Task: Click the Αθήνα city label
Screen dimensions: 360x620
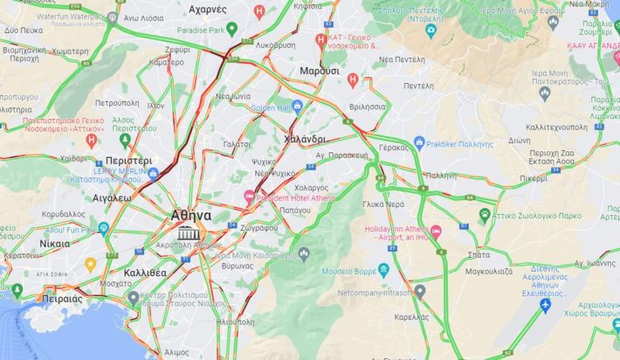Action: (190, 215)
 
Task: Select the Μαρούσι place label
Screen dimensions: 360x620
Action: (319, 70)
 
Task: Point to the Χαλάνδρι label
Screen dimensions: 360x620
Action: (305, 138)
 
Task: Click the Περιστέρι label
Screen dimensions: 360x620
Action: (128, 161)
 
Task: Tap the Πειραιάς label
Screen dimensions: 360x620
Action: (62, 299)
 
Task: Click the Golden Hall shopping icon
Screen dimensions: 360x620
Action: (297, 107)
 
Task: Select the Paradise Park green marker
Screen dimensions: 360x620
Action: (231, 30)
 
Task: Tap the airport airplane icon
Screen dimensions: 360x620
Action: (546, 305)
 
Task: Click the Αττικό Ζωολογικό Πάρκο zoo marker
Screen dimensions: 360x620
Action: (485, 214)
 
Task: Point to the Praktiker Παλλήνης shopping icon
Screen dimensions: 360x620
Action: (419, 142)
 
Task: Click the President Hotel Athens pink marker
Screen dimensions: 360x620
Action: (249, 197)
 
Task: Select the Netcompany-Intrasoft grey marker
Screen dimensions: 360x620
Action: (420, 291)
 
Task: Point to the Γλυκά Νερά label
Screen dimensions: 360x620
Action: (383, 204)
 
